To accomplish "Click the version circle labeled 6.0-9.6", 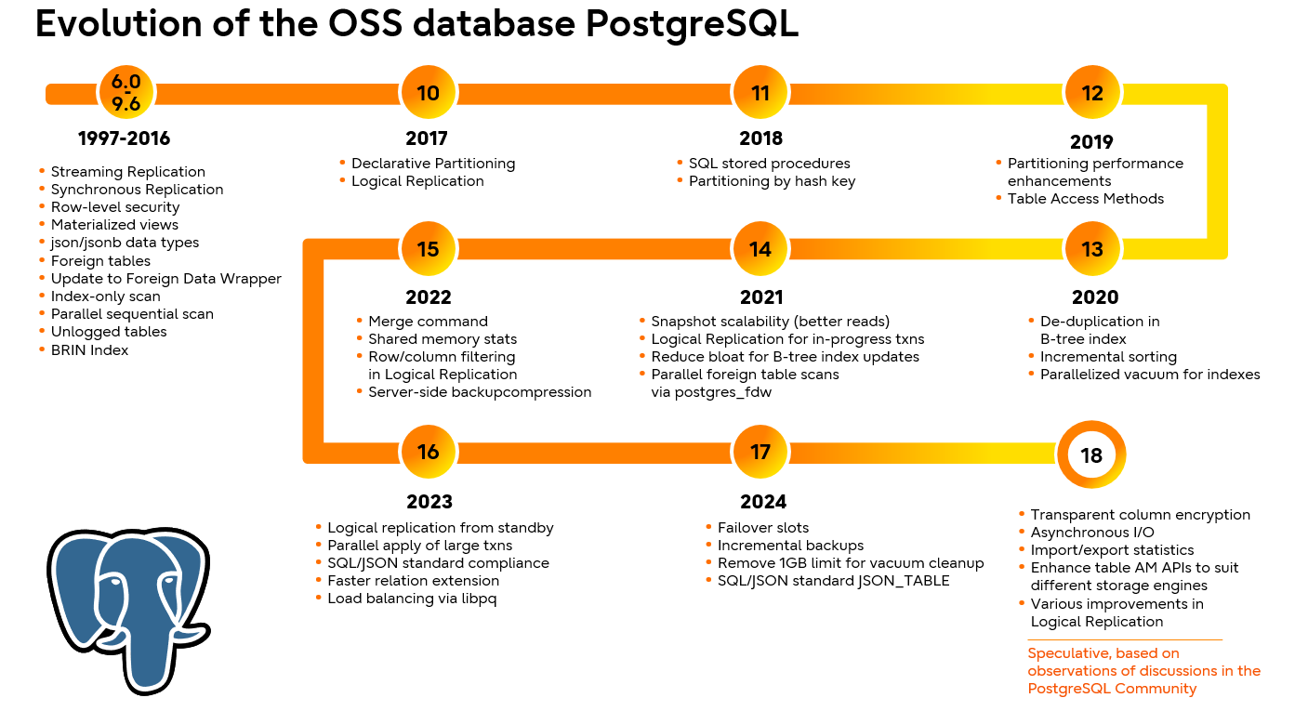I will [126, 93].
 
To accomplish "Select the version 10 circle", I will [428, 93].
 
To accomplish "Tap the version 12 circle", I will [1092, 93].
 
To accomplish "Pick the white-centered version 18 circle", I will [1091, 455].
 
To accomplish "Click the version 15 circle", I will [428, 249].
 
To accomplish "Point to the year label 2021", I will [761, 297].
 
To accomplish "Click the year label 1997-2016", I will [124, 138].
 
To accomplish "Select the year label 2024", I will [763, 502].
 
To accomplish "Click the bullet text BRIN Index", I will [89, 350].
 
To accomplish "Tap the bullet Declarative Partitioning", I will [432, 164].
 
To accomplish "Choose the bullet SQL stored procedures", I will [769, 164].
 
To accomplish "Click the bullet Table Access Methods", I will [1085, 199].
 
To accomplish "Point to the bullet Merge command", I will [428, 322].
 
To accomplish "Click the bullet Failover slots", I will [763, 528].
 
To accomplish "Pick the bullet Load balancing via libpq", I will [413, 599].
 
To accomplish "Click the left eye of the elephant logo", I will [113, 582].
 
